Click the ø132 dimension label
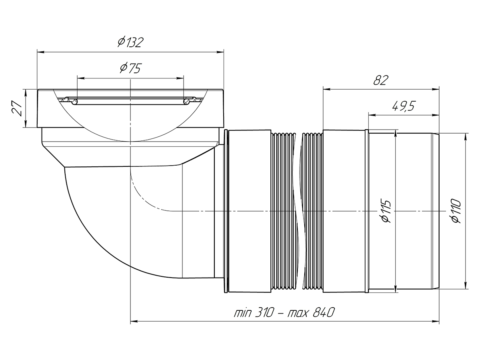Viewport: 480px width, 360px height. [130, 42]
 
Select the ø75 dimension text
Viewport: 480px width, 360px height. [131, 68]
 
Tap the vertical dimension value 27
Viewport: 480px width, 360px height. [17, 108]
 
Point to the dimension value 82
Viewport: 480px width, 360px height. [381, 80]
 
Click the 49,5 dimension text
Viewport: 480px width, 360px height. [404, 106]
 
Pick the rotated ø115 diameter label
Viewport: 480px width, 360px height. [386, 211]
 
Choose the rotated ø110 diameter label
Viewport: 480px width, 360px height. [456, 211]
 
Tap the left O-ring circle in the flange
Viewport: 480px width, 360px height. [74, 102]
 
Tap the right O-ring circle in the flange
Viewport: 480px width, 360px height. [186, 102]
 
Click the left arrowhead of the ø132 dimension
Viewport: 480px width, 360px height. [41, 52]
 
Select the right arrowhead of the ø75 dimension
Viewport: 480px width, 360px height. [180, 78]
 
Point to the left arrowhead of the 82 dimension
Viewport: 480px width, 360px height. [327, 89]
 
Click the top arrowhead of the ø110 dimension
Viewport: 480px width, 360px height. [466, 137]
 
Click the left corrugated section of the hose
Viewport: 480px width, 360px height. [283, 211]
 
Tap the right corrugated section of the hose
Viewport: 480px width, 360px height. [312, 211]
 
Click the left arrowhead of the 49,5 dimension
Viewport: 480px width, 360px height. [372, 115]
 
